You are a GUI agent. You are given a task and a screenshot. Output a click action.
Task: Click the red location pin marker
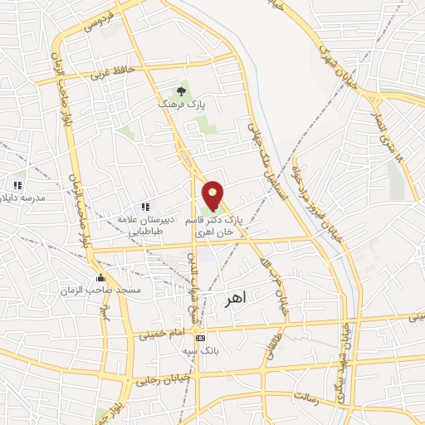(213, 196)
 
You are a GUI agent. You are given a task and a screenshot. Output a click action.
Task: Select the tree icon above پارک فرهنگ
(181, 92)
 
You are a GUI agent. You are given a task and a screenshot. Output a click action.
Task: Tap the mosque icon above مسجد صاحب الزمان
(101, 277)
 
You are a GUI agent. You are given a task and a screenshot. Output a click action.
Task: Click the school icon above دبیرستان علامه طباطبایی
(145, 206)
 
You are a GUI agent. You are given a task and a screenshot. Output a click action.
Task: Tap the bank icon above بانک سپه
(199, 338)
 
